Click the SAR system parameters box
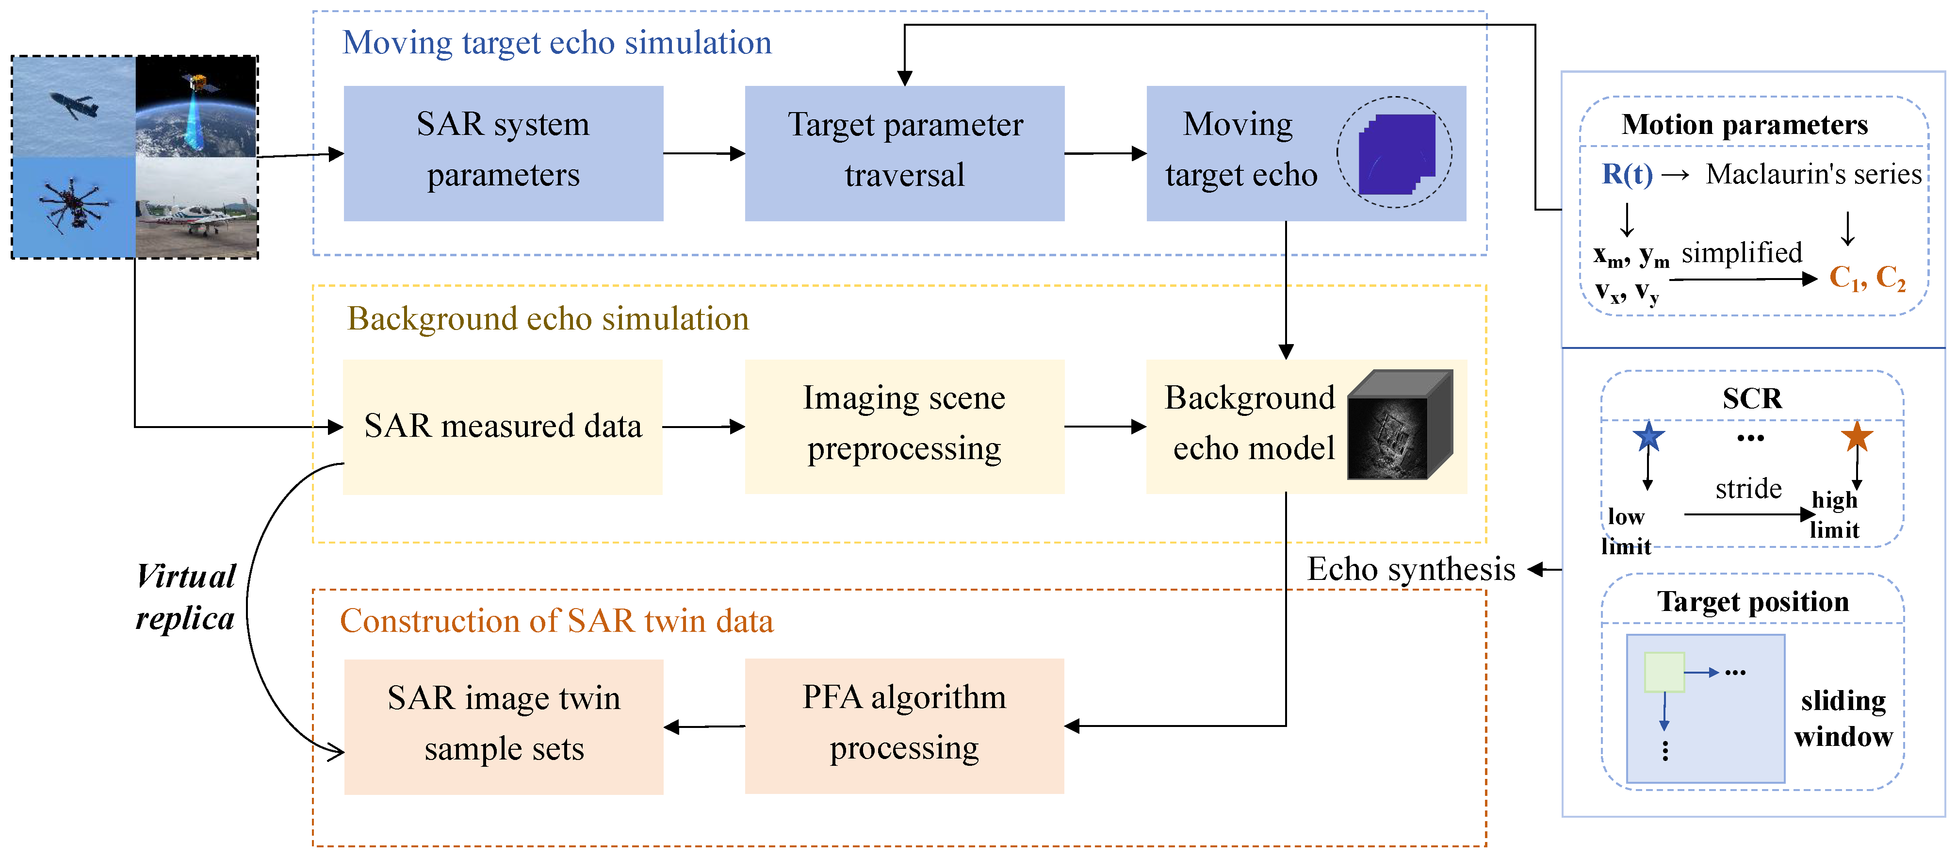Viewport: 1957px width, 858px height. [503, 153]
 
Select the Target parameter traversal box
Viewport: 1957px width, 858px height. [904, 153]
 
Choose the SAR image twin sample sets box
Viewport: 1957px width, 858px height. [503, 726]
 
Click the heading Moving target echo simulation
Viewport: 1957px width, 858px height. [557, 43]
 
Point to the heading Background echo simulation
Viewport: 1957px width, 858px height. [548, 318]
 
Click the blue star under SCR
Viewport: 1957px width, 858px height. [1648, 436]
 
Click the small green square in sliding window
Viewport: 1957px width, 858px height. [1664, 671]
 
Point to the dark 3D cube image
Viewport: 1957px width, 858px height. [1400, 426]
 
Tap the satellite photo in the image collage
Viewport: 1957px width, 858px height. [196, 106]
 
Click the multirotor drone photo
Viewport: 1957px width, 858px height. [74, 207]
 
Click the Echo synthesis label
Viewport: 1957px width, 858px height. [1411, 569]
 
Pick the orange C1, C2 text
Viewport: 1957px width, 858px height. [1867, 278]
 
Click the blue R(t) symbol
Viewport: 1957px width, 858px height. [1627, 174]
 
